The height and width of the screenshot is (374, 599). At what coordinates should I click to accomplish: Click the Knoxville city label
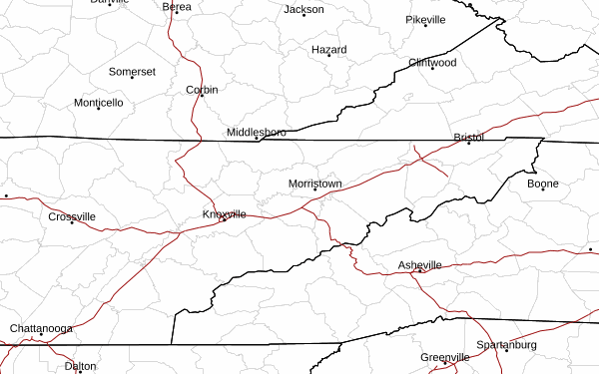225,214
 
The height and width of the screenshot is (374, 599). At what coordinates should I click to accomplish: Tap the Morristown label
315,185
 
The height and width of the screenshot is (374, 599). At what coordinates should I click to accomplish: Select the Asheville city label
420,264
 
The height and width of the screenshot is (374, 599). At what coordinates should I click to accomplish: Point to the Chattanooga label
41,328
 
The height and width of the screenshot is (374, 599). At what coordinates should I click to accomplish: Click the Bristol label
468,137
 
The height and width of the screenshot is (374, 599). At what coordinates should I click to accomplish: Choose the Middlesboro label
257,132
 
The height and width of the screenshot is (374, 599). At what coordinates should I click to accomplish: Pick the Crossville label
72,216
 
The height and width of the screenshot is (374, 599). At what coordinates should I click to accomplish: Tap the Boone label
543,184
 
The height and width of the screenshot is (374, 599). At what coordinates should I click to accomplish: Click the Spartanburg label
506,345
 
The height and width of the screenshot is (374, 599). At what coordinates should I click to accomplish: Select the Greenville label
445,357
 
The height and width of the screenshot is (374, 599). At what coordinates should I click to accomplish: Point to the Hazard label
329,50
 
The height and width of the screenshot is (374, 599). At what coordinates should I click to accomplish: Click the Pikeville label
425,20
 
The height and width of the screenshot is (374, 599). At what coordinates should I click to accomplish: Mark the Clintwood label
432,62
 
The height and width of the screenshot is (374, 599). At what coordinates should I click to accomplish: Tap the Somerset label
132,72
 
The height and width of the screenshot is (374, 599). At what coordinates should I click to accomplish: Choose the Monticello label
99,103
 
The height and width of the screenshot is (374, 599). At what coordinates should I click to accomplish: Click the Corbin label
202,90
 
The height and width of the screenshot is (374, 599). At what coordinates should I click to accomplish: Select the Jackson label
304,10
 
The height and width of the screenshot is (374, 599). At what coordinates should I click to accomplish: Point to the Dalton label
80,366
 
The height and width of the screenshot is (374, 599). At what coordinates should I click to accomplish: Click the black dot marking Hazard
329,56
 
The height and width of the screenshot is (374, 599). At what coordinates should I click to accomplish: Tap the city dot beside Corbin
202,96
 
